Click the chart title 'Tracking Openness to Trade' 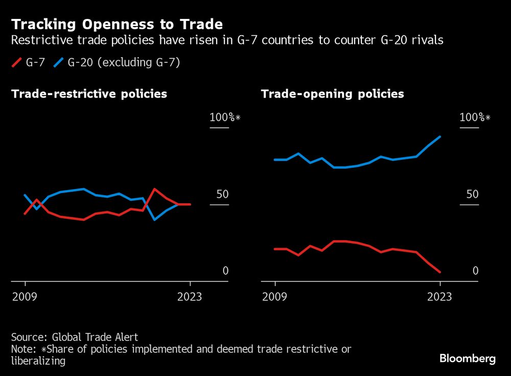117,24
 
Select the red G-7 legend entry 30,62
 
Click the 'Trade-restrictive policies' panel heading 89,94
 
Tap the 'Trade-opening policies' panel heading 332,94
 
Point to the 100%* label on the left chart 224,118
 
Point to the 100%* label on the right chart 475,118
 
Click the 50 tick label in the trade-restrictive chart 222,195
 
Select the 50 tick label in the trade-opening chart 473,195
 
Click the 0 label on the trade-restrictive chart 225,271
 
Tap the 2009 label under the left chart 25,297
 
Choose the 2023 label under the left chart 189,297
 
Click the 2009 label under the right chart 275,297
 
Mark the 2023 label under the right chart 439,297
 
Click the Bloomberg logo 468,359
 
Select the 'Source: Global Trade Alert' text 75,337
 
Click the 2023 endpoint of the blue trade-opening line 440,136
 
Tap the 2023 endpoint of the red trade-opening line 440,272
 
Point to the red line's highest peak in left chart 155,189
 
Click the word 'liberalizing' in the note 38,361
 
